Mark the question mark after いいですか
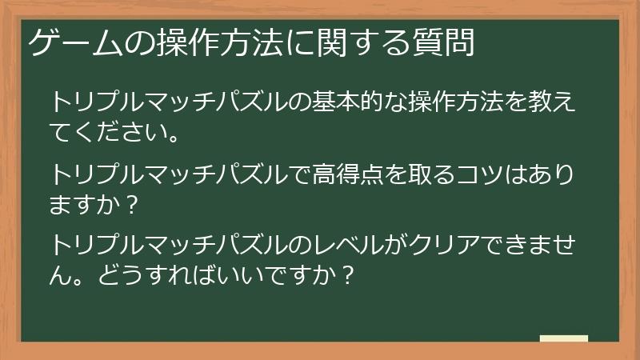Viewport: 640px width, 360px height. pyautogui.click(x=346, y=271)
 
